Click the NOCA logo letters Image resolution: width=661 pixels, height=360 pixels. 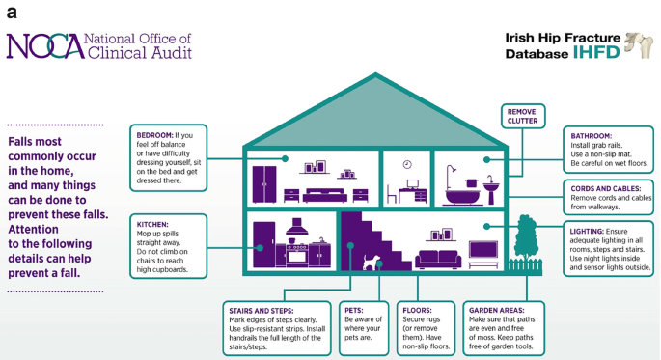pyautogui.click(x=43, y=45)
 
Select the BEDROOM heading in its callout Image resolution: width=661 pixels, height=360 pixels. pyautogui.click(x=155, y=135)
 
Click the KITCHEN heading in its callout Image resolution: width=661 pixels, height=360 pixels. pyautogui.click(x=154, y=223)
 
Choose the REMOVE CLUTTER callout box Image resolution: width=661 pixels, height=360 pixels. pyautogui.click(x=522, y=117)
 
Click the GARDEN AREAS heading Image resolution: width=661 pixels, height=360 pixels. pyautogui.click(x=502, y=311)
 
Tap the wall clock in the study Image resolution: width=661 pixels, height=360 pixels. pyautogui.click(x=407, y=164)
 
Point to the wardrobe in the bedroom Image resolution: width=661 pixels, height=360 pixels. pyautogui.click(x=264, y=183)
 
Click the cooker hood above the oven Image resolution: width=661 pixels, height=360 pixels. pyautogui.click(x=297, y=229)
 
